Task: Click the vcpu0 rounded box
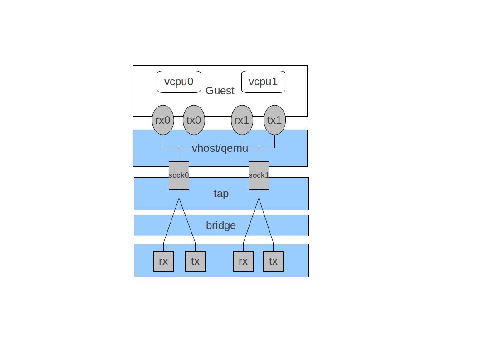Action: [x=179, y=82]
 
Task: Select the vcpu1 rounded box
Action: [x=263, y=82]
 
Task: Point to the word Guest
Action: [x=220, y=91]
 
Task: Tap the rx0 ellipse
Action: [x=162, y=120]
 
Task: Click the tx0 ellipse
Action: [x=194, y=120]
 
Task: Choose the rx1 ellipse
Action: [x=242, y=120]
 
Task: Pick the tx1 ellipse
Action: [x=274, y=120]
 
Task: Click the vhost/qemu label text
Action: [x=220, y=148]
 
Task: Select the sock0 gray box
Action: [x=179, y=175]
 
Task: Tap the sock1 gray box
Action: [x=259, y=175]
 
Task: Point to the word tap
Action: [x=221, y=194]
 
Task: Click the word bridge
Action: [x=221, y=225]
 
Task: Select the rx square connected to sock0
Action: [x=163, y=261]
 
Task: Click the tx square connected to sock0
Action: [x=195, y=261]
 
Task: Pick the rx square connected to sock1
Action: [x=243, y=261]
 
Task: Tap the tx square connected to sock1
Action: [x=273, y=261]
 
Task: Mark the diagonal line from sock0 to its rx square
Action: [x=171, y=221]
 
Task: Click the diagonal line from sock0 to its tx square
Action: [x=187, y=221]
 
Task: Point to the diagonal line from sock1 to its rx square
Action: [x=251, y=221]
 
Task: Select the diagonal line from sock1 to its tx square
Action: [x=266, y=221]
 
